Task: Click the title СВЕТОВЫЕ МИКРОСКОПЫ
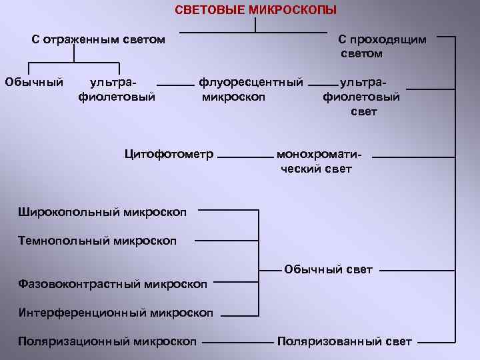[x=256, y=10]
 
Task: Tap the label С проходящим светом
[x=382, y=46]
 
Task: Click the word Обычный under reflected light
[x=34, y=83]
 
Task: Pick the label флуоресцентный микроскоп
[x=251, y=89]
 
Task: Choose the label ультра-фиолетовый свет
[x=363, y=97]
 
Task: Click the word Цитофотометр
[x=169, y=155]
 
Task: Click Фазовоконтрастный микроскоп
[x=112, y=284]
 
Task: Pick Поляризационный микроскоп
[x=107, y=341]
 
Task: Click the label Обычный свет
[x=328, y=269]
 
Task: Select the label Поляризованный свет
[x=345, y=341]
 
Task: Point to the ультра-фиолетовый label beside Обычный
[x=117, y=89]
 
